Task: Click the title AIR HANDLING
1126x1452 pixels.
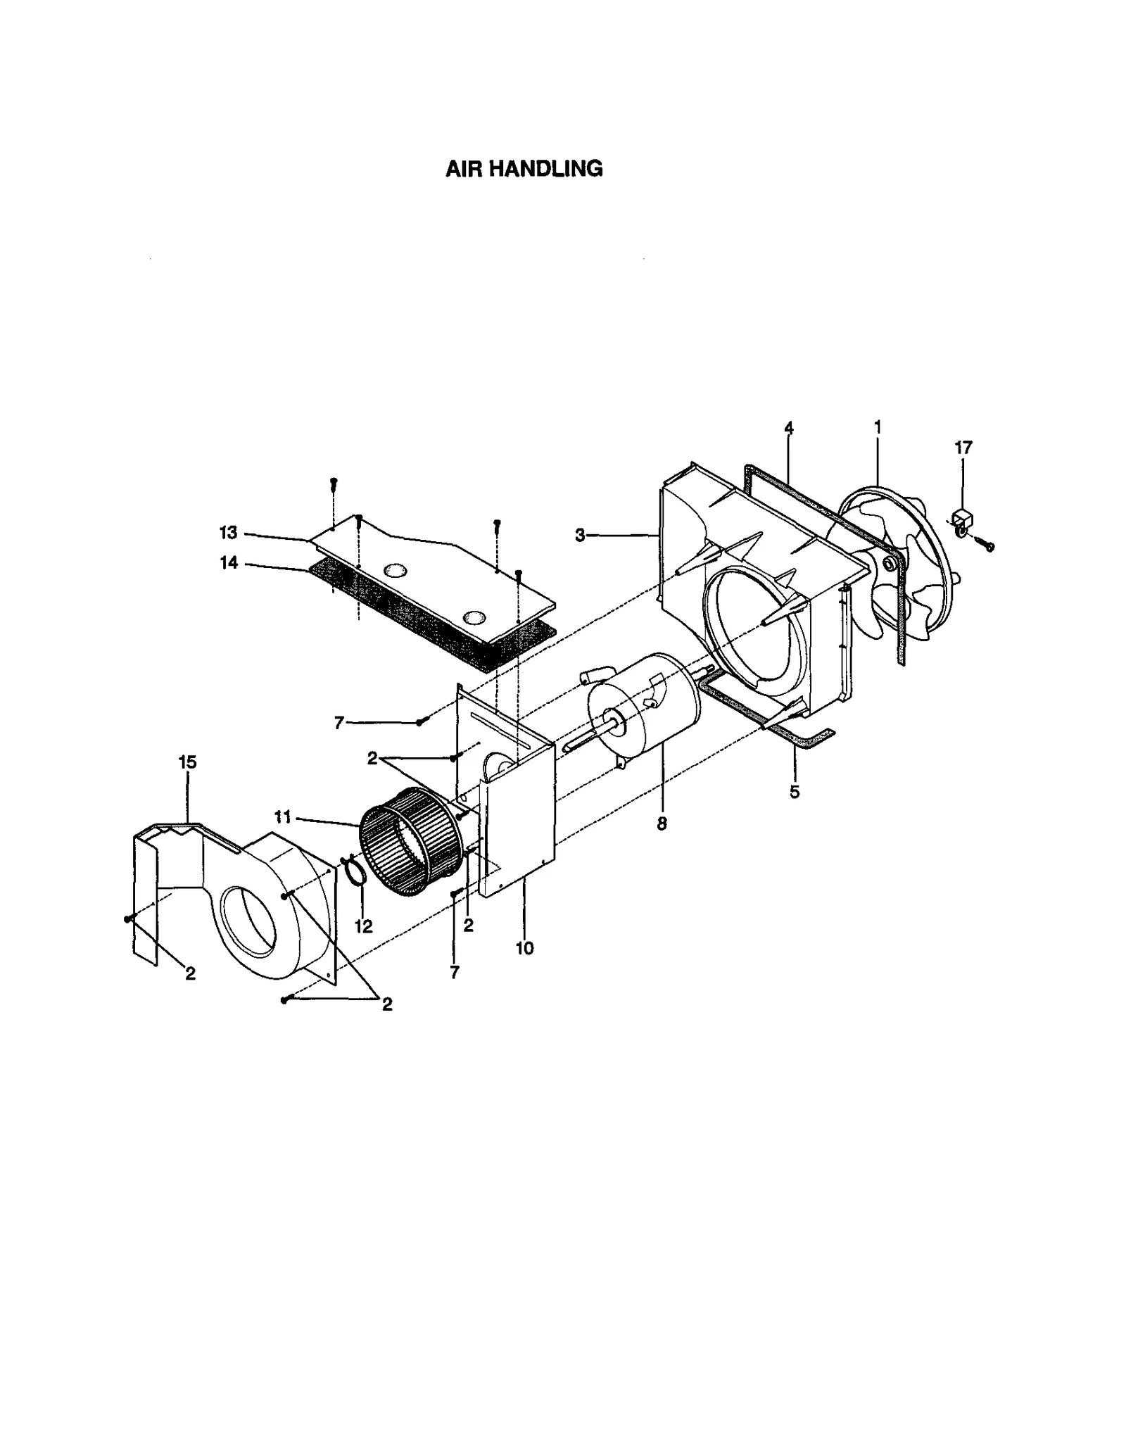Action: pos(524,169)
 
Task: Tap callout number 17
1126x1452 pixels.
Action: pos(963,448)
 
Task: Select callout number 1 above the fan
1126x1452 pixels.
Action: pos(877,427)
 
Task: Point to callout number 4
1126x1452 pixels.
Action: pos(788,428)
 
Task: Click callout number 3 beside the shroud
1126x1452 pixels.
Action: pos(580,536)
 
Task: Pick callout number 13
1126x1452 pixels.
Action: pos(229,533)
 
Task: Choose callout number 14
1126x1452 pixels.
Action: pos(229,563)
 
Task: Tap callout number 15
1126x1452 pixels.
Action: pos(187,762)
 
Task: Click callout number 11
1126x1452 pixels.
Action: pos(282,817)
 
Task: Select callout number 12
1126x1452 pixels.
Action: pos(363,927)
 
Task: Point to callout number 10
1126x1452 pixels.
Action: pos(524,949)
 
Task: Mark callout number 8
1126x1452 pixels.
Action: pos(662,824)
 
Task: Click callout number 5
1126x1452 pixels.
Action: pos(794,793)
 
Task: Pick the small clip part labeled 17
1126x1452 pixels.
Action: pos(961,522)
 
